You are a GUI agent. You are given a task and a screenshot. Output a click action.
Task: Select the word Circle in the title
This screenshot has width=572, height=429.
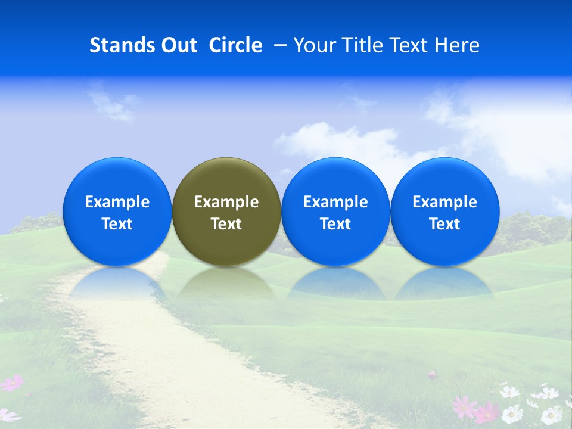[235, 45]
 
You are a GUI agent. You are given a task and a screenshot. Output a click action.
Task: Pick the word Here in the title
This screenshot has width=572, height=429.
[458, 45]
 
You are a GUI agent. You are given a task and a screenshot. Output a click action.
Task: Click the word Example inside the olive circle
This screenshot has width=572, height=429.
[226, 202]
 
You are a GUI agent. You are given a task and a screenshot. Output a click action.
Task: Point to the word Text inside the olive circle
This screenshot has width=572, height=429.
[226, 224]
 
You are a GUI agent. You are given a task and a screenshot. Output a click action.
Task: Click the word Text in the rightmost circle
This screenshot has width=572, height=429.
[445, 224]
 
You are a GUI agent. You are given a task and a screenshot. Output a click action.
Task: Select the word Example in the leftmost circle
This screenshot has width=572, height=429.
[117, 202]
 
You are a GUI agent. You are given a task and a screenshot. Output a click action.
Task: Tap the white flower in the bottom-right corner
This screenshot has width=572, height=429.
[551, 414]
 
